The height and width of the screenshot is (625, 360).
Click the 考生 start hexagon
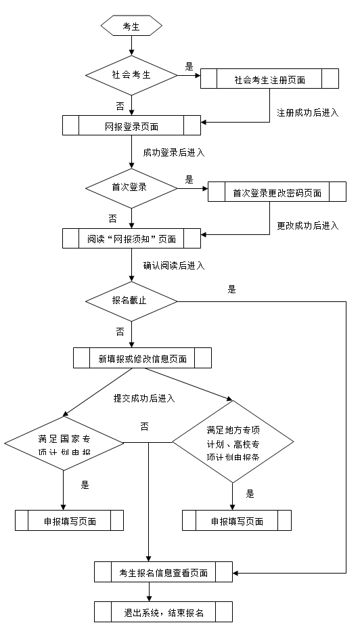click(x=131, y=26)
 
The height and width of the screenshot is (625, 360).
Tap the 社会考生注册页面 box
click(x=269, y=79)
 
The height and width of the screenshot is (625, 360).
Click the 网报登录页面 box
click(x=131, y=126)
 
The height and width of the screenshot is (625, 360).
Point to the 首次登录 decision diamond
click(x=131, y=187)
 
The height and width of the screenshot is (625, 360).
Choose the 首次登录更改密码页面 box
click(x=276, y=192)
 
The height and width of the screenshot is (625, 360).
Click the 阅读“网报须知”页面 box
click(x=131, y=238)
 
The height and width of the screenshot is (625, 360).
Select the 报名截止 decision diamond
click(x=131, y=301)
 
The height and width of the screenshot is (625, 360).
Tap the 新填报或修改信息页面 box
click(x=142, y=358)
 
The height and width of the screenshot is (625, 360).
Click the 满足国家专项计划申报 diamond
click(x=64, y=444)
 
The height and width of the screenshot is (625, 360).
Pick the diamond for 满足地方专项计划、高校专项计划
click(x=233, y=444)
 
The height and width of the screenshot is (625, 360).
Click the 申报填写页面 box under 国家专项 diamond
click(x=69, y=521)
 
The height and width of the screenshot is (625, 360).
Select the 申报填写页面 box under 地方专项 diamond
click(x=236, y=521)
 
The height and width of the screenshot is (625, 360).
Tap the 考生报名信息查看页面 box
click(x=163, y=572)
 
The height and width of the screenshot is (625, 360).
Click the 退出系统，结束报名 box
click(x=163, y=612)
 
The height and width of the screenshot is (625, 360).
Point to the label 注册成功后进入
click(x=308, y=112)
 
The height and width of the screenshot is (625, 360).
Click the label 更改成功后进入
click(x=308, y=225)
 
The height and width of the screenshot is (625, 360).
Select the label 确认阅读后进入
click(x=174, y=266)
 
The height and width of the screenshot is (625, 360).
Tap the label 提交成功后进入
click(x=144, y=398)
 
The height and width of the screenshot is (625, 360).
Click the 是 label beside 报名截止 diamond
click(x=232, y=289)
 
